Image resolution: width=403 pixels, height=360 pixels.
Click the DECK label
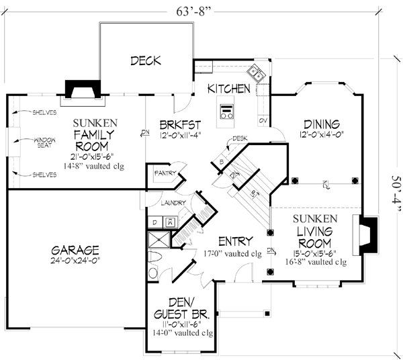pyautogui.click(x=146, y=60)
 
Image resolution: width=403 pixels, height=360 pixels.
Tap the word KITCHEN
pyautogui.click(x=228, y=89)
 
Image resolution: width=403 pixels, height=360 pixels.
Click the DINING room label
pyautogui.click(x=321, y=124)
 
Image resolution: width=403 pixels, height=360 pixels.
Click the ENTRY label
pyautogui.click(x=235, y=241)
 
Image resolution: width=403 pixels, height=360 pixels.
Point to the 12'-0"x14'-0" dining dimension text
pyautogui.click(x=321, y=135)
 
